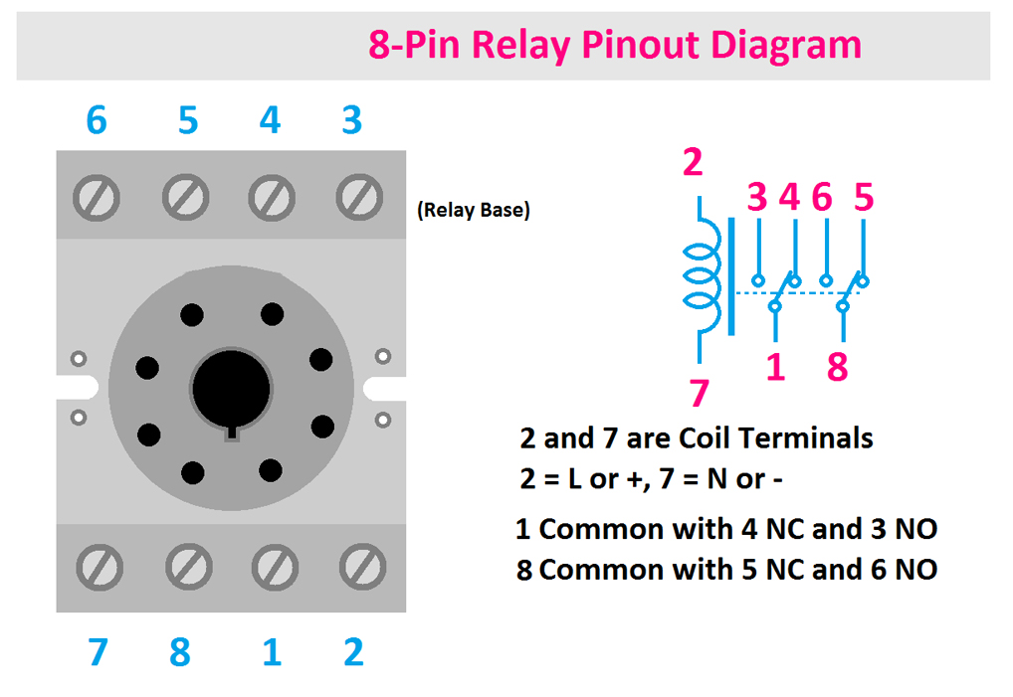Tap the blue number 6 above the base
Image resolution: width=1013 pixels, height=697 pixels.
(x=97, y=120)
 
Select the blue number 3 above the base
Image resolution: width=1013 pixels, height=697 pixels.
(x=351, y=120)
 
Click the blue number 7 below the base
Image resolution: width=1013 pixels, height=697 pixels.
(x=97, y=652)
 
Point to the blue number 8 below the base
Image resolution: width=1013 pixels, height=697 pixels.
(x=179, y=652)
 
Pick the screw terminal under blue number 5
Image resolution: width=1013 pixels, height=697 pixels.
(x=185, y=195)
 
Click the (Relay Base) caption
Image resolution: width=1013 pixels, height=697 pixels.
(x=474, y=211)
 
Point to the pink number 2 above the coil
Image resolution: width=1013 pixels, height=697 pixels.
(x=693, y=162)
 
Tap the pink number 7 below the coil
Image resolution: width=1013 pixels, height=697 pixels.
(x=699, y=394)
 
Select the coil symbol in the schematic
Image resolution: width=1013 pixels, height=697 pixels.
(x=699, y=276)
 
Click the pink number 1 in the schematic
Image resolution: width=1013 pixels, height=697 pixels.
(x=776, y=367)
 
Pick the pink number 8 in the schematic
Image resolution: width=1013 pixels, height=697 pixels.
(x=838, y=367)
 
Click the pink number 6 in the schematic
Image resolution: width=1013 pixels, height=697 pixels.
(x=822, y=198)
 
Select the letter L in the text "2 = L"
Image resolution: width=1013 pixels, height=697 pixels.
(x=575, y=479)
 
